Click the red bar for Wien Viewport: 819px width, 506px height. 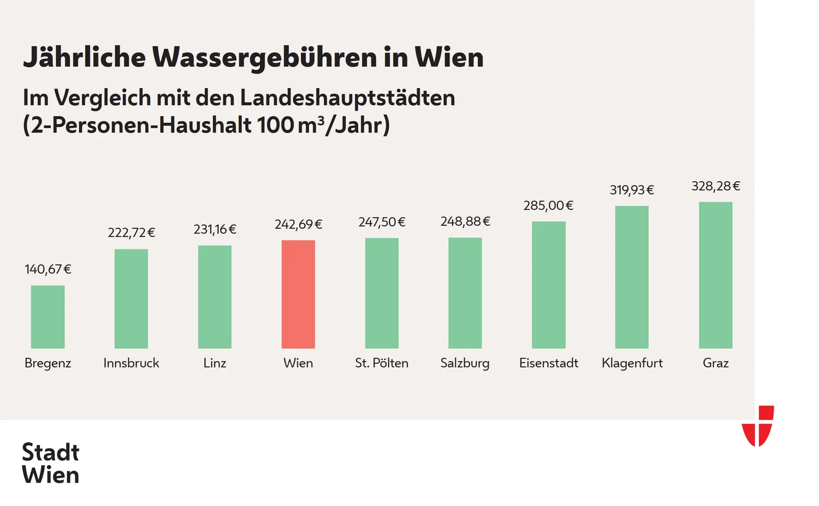click(298, 294)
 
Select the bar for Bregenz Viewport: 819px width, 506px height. click(48, 317)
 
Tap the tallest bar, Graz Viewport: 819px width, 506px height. click(715, 275)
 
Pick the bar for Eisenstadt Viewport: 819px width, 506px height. click(548, 284)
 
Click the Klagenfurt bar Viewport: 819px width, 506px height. click(632, 277)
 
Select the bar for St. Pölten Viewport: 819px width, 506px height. click(382, 293)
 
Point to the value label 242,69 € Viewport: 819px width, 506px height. click(298, 224)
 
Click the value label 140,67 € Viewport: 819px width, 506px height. click(48, 269)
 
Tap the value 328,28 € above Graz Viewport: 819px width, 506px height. click(715, 186)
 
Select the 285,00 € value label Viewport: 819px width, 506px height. click(548, 205)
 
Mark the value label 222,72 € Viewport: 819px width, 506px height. click(131, 233)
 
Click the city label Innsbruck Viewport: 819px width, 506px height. click(131, 363)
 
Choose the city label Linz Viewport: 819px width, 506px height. click(215, 363)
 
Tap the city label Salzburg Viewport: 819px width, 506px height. click(465, 363)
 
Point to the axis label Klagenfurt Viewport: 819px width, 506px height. click(632, 363)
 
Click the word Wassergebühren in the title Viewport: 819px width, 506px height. click(264, 57)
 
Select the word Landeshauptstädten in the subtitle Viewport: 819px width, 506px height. click(347, 98)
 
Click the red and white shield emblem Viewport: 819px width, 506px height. click(758, 426)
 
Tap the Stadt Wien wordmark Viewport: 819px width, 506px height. click(50, 463)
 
